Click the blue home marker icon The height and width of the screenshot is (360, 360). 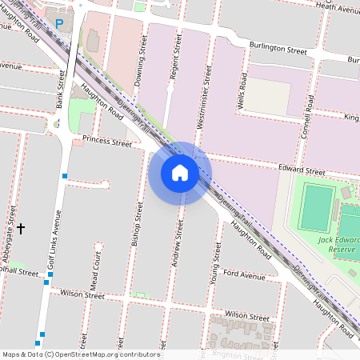click(x=180, y=173)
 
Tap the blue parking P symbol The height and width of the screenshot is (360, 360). click(x=58, y=23)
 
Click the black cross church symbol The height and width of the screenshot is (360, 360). click(x=21, y=228)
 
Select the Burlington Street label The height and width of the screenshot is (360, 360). click(x=278, y=50)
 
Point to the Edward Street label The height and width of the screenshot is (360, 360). click(x=302, y=171)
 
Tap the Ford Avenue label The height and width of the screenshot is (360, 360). click(x=244, y=275)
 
